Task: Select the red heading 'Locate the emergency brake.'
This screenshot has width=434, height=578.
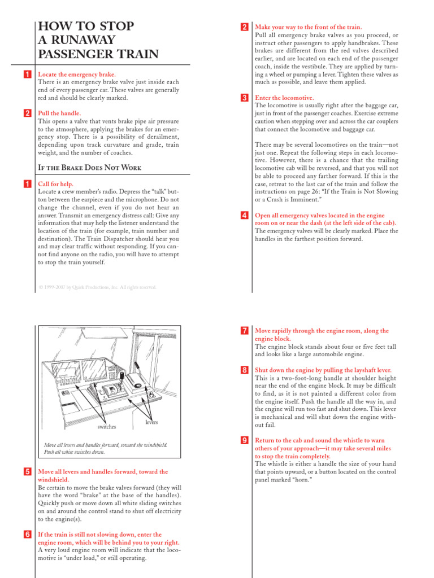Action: point(76,75)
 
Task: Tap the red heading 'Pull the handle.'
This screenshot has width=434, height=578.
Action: point(59,113)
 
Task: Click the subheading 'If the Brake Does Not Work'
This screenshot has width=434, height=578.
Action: point(89,168)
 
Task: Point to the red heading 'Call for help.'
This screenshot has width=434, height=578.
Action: point(55,184)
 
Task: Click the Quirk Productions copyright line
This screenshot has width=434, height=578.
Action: point(97,287)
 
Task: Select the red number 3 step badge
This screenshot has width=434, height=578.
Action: point(244,98)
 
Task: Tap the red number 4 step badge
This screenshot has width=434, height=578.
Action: point(244,215)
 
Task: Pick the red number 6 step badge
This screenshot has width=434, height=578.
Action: point(27,535)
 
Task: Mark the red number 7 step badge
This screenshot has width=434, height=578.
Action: point(244,331)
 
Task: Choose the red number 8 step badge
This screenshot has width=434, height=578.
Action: point(244,370)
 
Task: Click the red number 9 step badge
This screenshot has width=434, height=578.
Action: point(244,440)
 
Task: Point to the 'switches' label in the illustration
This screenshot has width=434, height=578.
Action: point(107,427)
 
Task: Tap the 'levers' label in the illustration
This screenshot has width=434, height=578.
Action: point(151,422)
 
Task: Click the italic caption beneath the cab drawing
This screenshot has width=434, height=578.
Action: point(106,449)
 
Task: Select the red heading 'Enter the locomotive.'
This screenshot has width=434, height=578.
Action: point(285,98)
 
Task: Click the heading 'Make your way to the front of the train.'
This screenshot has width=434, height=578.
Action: point(309,27)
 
